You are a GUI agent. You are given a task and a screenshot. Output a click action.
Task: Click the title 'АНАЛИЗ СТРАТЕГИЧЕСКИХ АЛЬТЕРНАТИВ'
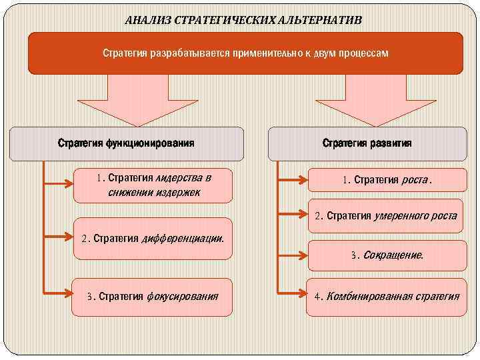coord(244,19)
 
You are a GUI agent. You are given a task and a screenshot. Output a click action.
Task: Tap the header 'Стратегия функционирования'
coord(126,143)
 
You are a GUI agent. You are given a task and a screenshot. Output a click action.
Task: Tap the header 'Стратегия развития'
coord(367,143)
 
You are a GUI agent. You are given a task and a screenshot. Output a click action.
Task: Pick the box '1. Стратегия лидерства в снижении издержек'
coord(153,185)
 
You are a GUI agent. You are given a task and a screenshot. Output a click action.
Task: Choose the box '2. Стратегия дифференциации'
coord(153,238)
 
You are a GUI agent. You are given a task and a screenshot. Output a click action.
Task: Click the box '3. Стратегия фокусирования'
coord(153,295)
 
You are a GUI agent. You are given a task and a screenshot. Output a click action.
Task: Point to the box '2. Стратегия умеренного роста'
coord(386,216)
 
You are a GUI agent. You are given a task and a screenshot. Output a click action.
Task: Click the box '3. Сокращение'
coord(387,255)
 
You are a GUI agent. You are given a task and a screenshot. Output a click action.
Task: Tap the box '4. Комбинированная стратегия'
coord(387,295)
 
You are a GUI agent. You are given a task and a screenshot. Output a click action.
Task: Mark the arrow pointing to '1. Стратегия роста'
coord(293,179)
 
